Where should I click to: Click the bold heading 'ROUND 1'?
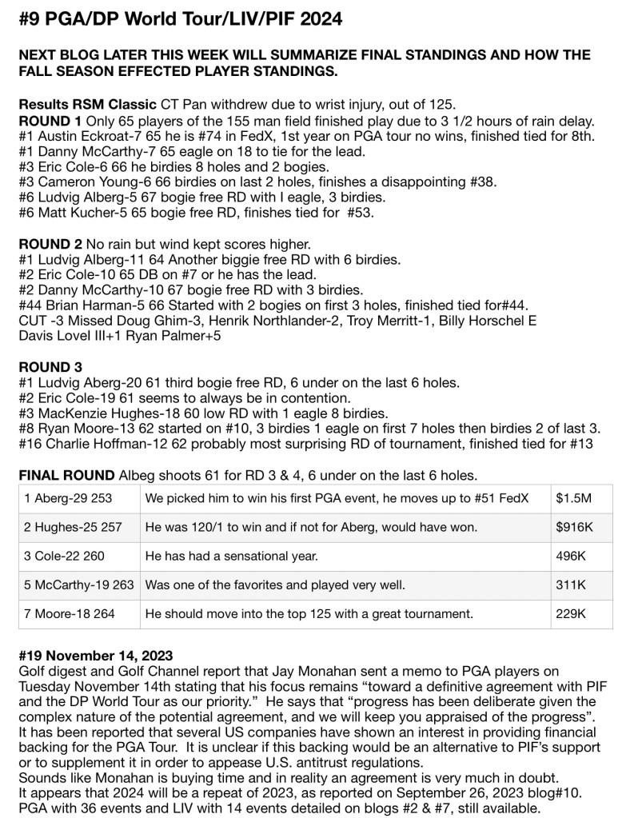click(49, 121)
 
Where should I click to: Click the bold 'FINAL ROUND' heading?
click(66, 475)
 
